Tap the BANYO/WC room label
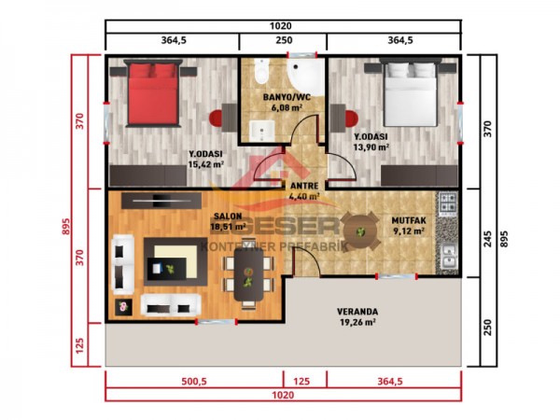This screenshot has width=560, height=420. [287, 97]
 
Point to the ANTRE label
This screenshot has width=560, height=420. [305, 185]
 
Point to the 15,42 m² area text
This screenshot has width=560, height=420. [205, 164]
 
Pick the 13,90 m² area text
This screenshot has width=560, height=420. [371, 147]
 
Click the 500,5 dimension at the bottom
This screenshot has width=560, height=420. [194, 381]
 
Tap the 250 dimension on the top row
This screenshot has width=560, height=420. [284, 40]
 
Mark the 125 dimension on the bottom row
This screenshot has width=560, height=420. [305, 381]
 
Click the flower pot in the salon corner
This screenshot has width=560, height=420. [120, 305]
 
